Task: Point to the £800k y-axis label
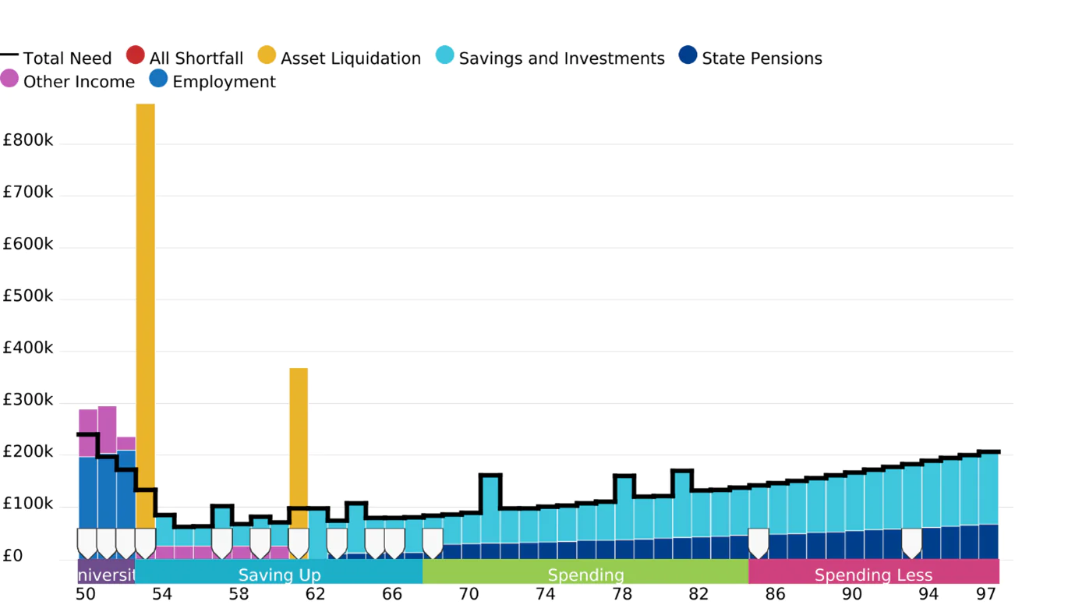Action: point(28,141)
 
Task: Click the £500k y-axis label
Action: point(28,297)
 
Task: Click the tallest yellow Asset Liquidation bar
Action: point(145,312)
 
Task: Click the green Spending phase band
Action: point(585,575)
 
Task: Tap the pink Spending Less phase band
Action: point(873,575)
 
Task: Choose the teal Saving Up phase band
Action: point(279,575)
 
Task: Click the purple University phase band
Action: point(107,575)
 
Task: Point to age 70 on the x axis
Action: point(469,595)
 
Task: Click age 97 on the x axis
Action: point(986,595)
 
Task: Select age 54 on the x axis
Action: point(161,595)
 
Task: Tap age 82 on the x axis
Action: point(698,595)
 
